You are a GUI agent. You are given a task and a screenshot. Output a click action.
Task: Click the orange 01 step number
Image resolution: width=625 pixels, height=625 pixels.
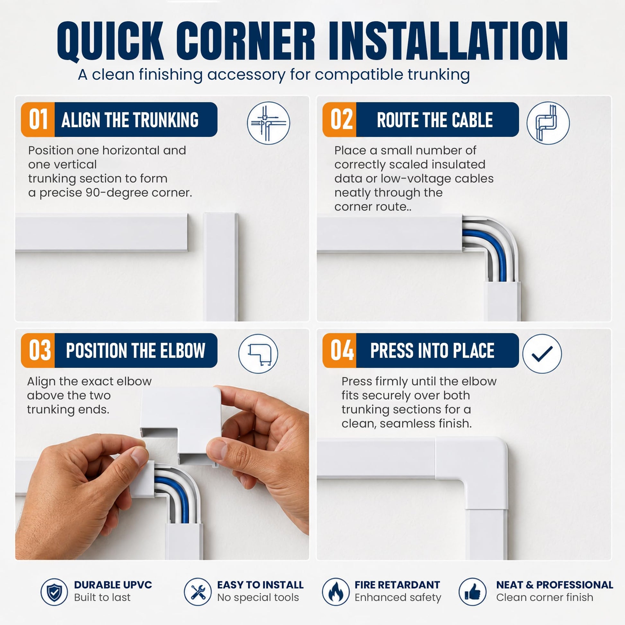tap(38, 119)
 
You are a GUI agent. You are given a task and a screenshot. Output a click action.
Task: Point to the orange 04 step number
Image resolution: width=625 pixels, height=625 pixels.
tap(342, 350)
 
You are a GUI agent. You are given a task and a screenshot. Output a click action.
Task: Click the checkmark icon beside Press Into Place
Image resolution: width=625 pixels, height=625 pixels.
tap(542, 354)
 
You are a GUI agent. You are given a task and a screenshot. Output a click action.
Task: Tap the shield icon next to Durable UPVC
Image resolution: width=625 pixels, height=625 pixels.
tap(54, 592)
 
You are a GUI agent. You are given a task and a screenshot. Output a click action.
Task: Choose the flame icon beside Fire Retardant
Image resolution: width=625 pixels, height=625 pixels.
tap(336, 592)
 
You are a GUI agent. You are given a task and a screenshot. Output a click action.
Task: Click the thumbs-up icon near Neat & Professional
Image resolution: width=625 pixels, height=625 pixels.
tap(473, 592)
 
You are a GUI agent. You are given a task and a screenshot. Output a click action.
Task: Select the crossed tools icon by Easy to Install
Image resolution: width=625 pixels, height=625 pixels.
tap(198, 592)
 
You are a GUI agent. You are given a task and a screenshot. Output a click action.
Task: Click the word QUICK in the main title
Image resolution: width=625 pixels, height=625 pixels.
tap(110, 41)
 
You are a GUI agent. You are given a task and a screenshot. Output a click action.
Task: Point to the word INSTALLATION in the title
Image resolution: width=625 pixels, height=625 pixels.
tap(448, 41)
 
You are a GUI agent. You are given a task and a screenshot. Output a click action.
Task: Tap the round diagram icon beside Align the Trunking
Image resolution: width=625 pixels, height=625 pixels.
tap(268, 123)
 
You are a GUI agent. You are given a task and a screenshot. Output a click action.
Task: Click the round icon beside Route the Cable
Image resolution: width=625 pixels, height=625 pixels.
tap(548, 123)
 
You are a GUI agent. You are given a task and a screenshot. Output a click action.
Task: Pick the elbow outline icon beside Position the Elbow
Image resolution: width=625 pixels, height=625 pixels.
tap(258, 354)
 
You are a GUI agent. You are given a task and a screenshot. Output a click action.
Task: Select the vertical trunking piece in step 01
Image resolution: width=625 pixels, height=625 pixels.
tap(221, 267)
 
